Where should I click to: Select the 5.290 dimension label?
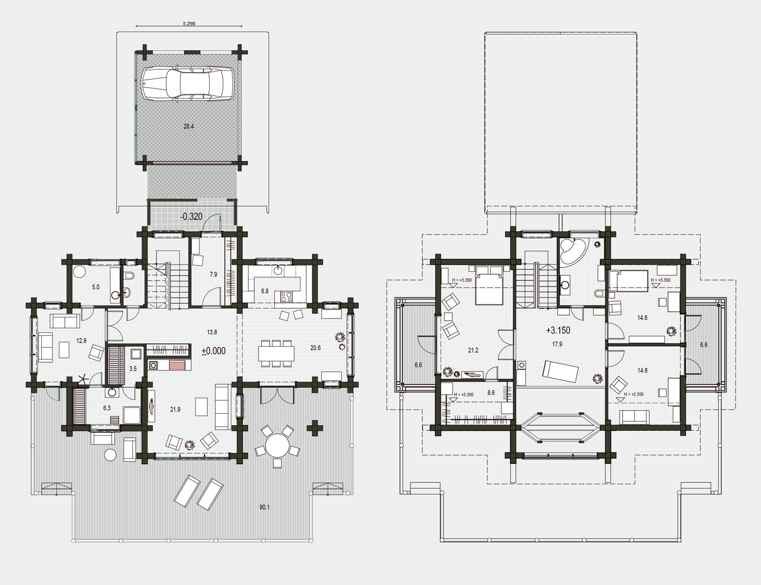pyautogui.click(x=189, y=24)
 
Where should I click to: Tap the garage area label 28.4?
pyautogui.click(x=189, y=126)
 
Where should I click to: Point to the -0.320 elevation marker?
pyautogui.click(x=191, y=217)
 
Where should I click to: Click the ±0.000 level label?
pyautogui.click(x=214, y=351)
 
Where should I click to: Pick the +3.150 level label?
pyautogui.click(x=558, y=330)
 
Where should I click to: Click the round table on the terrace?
pyautogui.click(x=278, y=445)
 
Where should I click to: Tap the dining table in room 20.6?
pyautogui.click(x=276, y=353)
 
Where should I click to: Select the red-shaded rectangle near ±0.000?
pyautogui.click(x=179, y=365)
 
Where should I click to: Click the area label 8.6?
pyautogui.click(x=491, y=393)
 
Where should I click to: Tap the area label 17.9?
pyautogui.click(x=557, y=344)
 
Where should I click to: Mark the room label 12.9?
pyautogui.click(x=81, y=340)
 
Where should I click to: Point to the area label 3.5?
pyautogui.click(x=133, y=368)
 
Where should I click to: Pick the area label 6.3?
pyautogui.click(x=107, y=408)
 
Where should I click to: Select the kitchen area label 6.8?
pyautogui.click(x=265, y=291)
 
